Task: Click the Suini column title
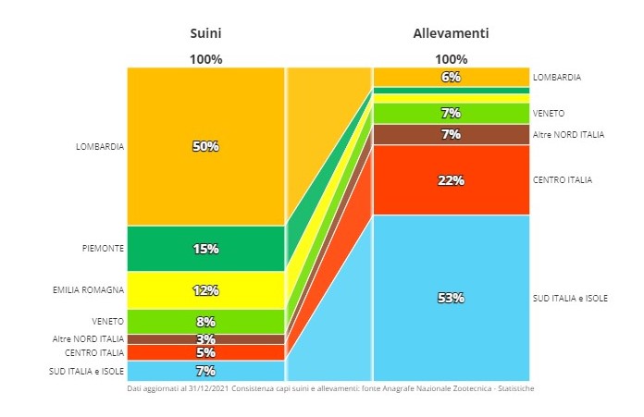click(x=205, y=33)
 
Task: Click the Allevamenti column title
click(x=451, y=33)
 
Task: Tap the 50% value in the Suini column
click(x=205, y=146)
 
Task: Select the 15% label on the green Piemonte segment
click(x=205, y=248)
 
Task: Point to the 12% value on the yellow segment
click(x=205, y=290)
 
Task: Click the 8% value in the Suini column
click(x=205, y=322)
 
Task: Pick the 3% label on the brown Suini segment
click(x=205, y=339)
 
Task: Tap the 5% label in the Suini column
click(x=205, y=352)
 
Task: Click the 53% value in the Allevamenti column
click(x=451, y=298)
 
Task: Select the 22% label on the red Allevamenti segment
click(x=451, y=180)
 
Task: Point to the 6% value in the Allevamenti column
click(x=451, y=78)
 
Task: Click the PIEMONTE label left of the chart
click(x=103, y=248)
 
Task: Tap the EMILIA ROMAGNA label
click(x=89, y=290)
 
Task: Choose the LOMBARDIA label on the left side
click(x=100, y=146)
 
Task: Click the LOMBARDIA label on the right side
click(x=557, y=78)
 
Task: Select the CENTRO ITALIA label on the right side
click(x=563, y=179)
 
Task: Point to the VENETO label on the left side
click(x=107, y=322)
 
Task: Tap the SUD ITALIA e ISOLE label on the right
click(x=570, y=298)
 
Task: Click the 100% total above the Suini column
click(x=205, y=59)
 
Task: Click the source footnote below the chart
click(x=330, y=388)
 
